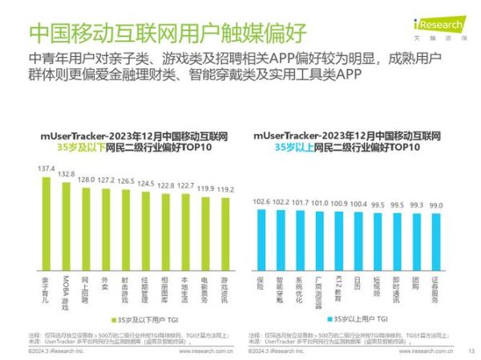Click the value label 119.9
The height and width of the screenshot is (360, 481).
click(206, 188)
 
